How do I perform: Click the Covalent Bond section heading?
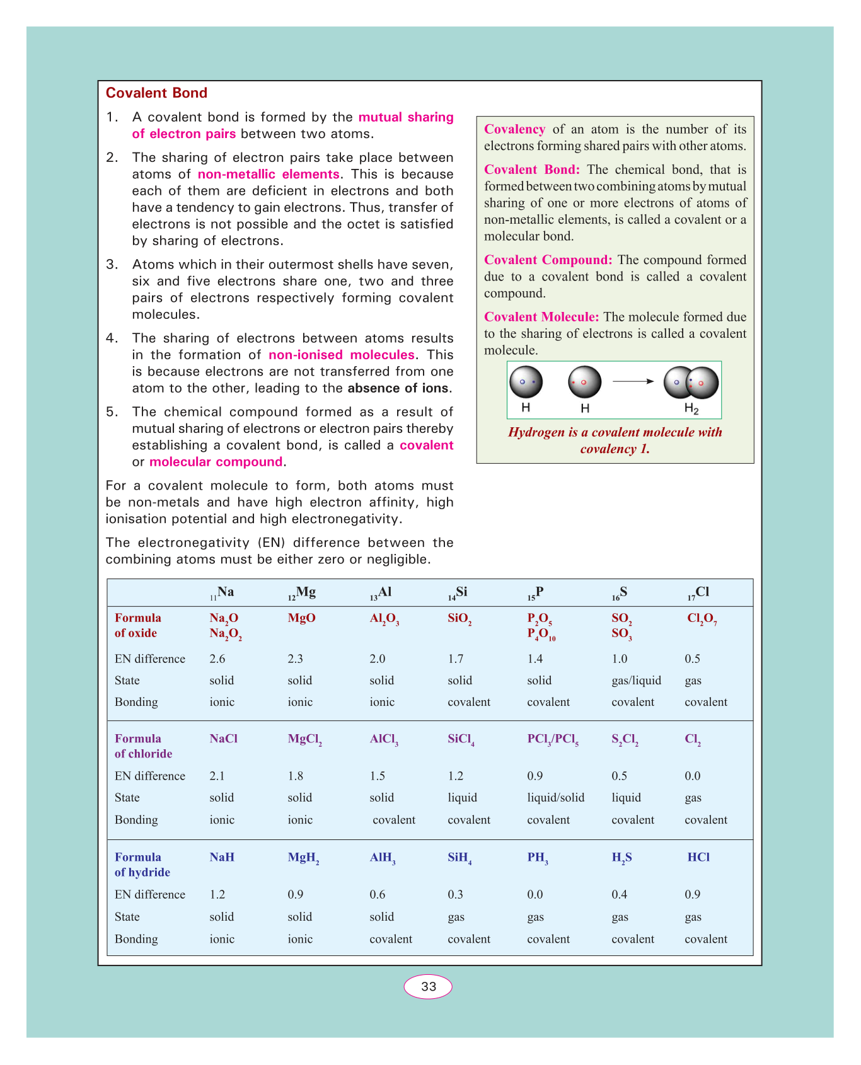[x=156, y=93]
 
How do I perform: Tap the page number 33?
[x=429, y=986]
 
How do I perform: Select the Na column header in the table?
[x=222, y=592]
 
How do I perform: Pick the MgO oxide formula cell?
[x=301, y=618]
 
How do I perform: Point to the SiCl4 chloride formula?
[x=461, y=739]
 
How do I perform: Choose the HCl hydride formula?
[x=698, y=857]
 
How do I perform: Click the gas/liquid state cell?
[x=636, y=681]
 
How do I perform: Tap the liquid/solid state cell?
[x=555, y=798]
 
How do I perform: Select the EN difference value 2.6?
[x=217, y=659]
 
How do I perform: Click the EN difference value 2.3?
[x=295, y=659]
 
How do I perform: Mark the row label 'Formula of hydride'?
[x=142, y=865]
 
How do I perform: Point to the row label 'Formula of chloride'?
[x=143, y=746]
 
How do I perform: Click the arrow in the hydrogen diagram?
[x=633, y=381]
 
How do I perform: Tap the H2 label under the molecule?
[x=691, y=409]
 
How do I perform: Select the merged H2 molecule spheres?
[x=691, y=383]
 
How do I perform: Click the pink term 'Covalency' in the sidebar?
[x=514, y=129]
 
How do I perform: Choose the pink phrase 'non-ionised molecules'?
[x=342, y=355]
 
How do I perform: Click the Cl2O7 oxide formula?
[x=702, y=619]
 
